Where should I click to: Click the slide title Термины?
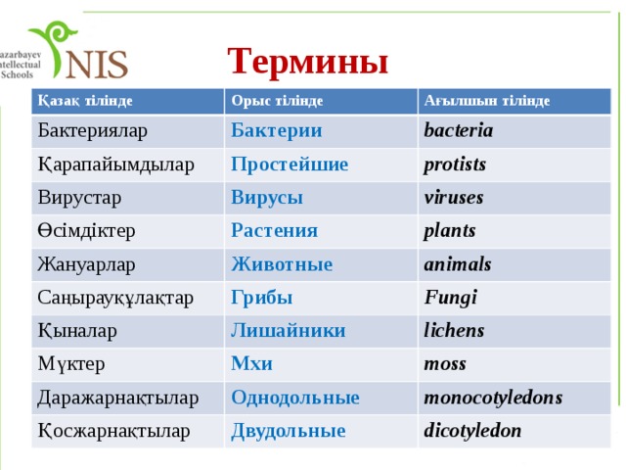(x=308, y=62)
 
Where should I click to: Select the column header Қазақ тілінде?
(x=85, y=100)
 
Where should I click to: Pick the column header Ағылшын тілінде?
(x=486, y=101)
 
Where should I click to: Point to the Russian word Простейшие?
(x=290, y=164)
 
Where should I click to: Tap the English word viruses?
(x=453, y=198)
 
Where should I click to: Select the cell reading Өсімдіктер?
(x=86, y=230)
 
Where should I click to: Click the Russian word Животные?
(x=282, y=263)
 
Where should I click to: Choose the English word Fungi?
(x=450, y=296)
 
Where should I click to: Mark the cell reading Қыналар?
(x=76, y=330)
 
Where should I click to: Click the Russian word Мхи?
(x=251, y=363)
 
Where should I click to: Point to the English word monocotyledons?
(x=492, y=398)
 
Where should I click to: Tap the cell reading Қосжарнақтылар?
(x=113, y=430)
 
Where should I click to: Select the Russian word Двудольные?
(x=288, y=430)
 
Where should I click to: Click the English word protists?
(x=455, y=164)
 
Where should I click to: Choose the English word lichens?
(x=453, y=330)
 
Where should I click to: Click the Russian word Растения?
(x=274, y=230)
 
